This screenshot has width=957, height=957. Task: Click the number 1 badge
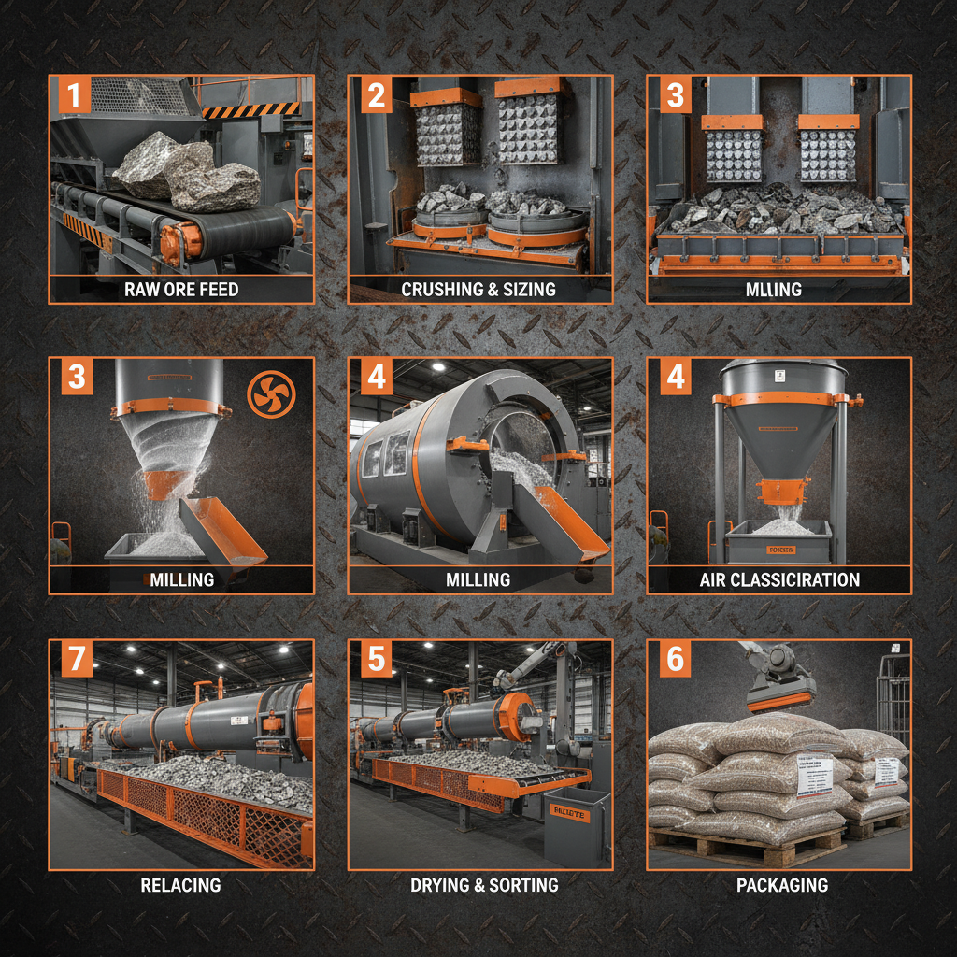point(75,97)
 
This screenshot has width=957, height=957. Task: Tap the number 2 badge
point(376,96)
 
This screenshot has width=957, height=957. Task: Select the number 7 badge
point(76,660)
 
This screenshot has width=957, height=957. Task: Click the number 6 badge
point(674,660)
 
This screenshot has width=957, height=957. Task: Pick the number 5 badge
point(376,660)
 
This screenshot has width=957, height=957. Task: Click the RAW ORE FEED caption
point(181,290)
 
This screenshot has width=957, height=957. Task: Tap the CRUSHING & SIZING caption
point(478,290)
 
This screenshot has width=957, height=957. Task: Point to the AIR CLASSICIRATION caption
point(778,579)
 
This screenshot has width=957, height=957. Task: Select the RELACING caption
point(180,884)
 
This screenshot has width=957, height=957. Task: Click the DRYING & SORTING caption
point(484,884)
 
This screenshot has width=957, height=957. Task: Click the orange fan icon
point(272,393)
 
